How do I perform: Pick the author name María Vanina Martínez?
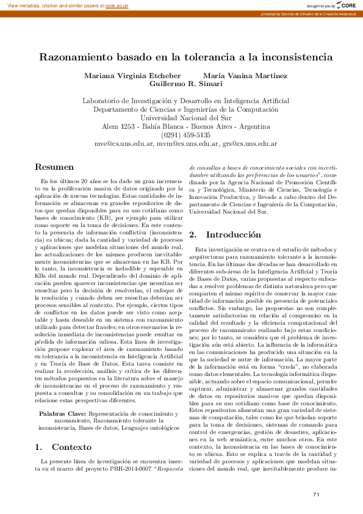236,76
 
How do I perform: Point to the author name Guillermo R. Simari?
181,84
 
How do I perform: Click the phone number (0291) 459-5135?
181,135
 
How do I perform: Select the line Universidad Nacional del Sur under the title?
181,118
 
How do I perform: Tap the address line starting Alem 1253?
181,126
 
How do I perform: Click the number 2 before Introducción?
192,218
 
